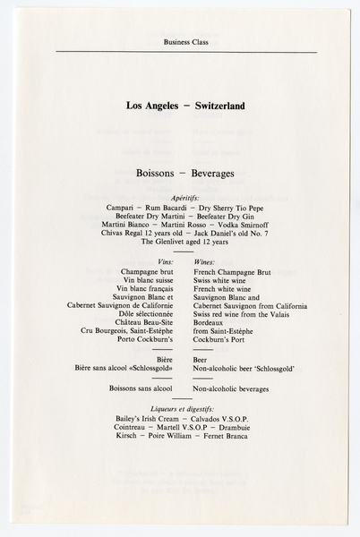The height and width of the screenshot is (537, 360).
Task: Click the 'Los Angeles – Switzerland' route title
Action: tap(185, 106)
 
